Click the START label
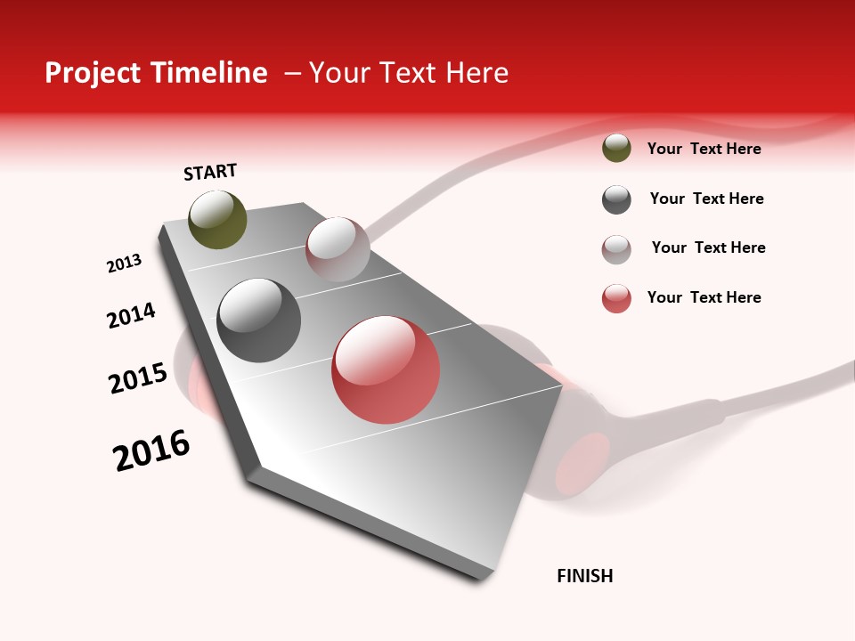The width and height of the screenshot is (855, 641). pos(210,172)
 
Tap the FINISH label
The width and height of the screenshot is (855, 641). pos(585,576)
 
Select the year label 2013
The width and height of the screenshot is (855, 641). pos(124,264)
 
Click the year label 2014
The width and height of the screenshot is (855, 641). pos(132,315)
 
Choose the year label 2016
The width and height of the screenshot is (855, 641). pos(151,450)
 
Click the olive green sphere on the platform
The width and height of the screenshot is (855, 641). pos(217,219)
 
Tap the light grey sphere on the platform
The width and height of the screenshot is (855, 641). pos(338,249)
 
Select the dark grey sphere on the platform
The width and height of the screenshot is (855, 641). pos(259,320)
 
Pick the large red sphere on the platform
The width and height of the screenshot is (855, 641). pos(386,369)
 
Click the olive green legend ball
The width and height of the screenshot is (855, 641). pos(616,148)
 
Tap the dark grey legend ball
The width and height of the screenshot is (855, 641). pos(616,199)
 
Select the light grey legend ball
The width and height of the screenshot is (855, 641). pos(616,249)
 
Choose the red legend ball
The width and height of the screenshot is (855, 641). pos(616,298)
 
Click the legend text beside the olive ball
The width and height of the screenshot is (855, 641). pos(704,149)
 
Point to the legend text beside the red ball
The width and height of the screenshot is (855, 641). pos(704,297)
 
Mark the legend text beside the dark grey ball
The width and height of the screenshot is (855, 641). pos(706,199)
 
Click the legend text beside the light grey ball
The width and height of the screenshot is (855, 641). pos(708,247)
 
